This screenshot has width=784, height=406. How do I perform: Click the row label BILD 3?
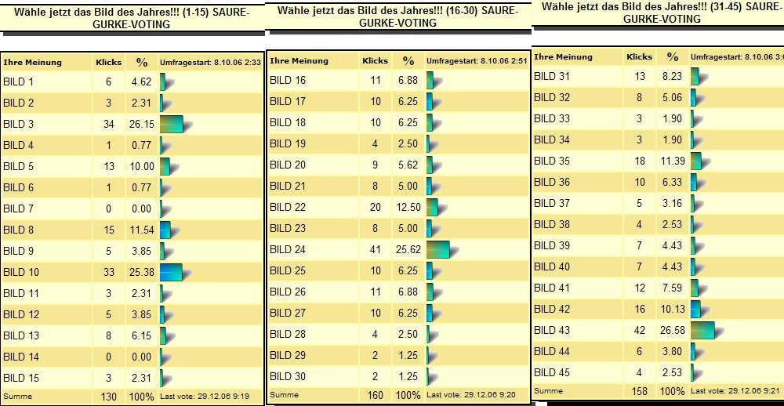tap(19, 124)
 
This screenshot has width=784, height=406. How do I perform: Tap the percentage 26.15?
tap(141, 124)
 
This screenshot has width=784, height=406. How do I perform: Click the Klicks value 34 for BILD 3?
tap(108, 124)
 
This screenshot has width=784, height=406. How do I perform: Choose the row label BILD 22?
tap(288, 207)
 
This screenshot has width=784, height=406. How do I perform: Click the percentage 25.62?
tap(408, 249)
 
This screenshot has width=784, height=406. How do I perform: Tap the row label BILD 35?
tap(552, 161)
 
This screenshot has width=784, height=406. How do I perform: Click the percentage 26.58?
tap(673, 330)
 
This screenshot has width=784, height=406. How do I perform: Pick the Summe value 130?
tap(108, 397)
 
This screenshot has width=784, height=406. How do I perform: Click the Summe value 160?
tap(375, 396)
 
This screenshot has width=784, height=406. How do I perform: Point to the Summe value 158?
tap(640, 390)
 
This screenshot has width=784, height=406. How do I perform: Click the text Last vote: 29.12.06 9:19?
tap(205, 397)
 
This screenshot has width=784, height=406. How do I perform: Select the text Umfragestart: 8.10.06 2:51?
tap(473, 60)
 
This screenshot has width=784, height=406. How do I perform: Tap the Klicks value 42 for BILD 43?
tap(640, 330)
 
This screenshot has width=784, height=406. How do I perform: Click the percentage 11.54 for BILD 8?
tap(141, 230)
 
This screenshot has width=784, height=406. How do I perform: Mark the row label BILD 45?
tap(552, 372)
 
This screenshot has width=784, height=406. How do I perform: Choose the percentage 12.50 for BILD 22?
tap(408, 207)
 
